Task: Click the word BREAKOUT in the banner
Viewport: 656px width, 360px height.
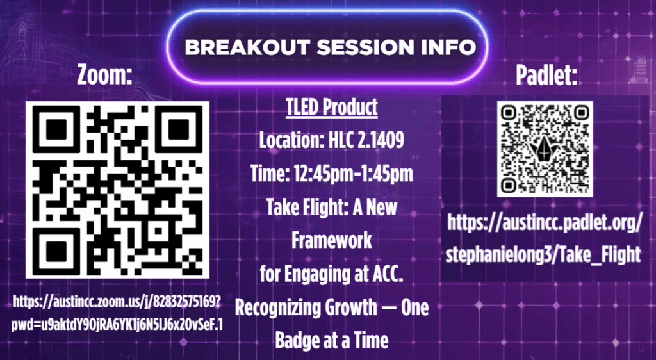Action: [x=247, y=47]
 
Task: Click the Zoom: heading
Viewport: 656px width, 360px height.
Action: [x=104, y=75]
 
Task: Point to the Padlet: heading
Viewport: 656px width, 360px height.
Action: [x=546, y=75]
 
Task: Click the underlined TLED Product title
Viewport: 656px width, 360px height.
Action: [x=332, y=107]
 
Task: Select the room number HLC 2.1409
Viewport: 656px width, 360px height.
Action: [x=366, y=140]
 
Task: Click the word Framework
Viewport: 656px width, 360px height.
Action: [x=332, y=240]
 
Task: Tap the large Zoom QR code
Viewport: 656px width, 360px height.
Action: [x=118, y=190]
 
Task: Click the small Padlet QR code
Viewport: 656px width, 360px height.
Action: [x=545, y=149]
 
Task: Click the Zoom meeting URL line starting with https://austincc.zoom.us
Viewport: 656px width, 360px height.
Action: [x=117, y=301]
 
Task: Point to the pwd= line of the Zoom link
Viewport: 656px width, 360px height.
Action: [x=117, y=325]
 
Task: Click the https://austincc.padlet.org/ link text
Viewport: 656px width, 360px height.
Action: [x=545, y=223]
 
